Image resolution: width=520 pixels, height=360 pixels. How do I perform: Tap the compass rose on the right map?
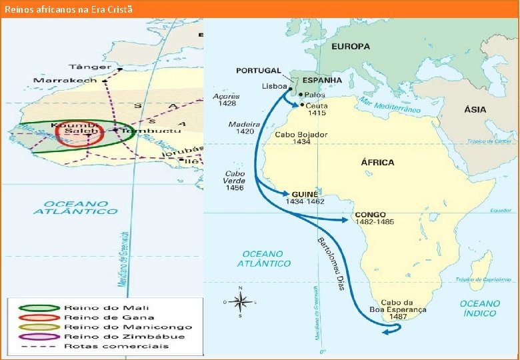241,302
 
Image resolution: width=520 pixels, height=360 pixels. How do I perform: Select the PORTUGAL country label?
258,71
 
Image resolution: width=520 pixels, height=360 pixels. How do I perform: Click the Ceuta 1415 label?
317,109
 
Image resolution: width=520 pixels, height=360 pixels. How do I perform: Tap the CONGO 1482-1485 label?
374,218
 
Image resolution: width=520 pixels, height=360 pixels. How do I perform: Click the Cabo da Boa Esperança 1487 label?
398,309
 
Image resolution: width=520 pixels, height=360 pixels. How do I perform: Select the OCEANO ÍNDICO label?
479,308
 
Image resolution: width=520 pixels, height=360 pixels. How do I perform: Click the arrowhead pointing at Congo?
345,219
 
